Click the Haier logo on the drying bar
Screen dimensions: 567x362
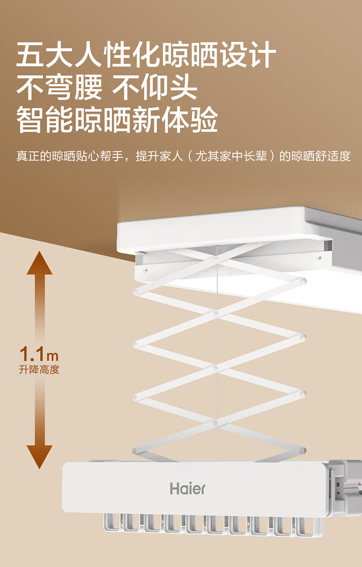[188, 488]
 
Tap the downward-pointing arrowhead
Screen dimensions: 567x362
[39, 456]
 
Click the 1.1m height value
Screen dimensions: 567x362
[39, 354]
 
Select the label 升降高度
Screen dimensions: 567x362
[39, 369]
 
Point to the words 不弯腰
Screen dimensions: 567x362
[60, 88]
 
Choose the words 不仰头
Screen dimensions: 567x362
[155, 88]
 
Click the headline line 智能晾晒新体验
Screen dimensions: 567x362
[117, 120]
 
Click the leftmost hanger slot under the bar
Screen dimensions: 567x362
[110, 522]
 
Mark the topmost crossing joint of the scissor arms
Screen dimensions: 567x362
[216, 259]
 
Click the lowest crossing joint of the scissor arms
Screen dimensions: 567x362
[216, 423]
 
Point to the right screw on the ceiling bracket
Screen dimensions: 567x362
[319, 258]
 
